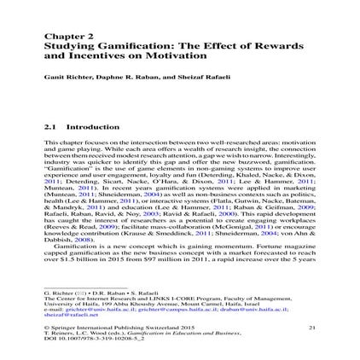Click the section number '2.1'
pyautogui.click(x=48, y=125)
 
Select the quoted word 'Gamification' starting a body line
pyautogui.click(x=62, y=166)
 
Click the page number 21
pyautogui.click(x=311, y=302)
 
